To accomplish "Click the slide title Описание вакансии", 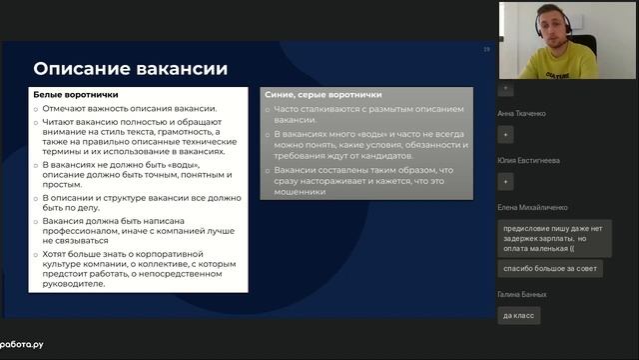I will [x=130, y=68].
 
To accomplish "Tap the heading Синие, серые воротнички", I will [x=309, y=93].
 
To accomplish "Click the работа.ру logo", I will [x=22, y=344].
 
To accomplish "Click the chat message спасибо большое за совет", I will [x=549, y=268].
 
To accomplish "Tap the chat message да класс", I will [x=518, y=315].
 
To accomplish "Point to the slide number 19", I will [x=486, y=48].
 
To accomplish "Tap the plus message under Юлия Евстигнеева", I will [x=506, y=181].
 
